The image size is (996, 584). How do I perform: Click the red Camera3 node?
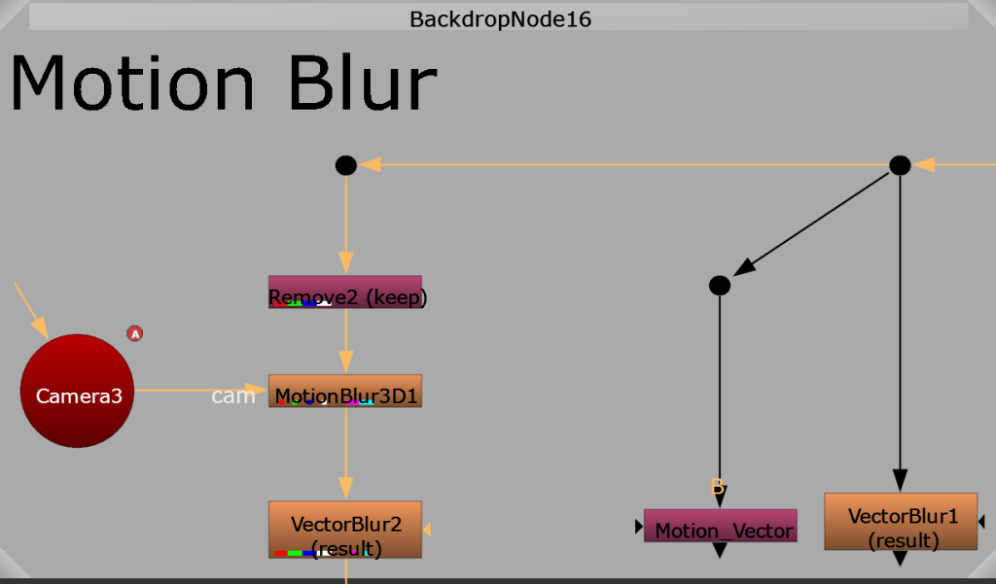(77, 391)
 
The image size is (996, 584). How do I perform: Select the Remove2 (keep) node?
(345, 292)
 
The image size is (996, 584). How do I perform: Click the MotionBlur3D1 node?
(345, 391)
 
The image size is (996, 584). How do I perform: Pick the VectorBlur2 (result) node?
(345, 530)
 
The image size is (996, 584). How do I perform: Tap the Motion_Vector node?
(721, 526)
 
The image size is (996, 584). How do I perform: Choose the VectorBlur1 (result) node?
(901, 521)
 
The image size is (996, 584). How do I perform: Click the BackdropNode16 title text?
(501, 19)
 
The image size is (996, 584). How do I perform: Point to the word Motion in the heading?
(132, 84)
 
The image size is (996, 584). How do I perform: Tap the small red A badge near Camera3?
(134, 333)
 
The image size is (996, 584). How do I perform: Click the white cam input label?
(233, 396)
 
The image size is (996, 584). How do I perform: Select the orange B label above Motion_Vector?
(717, 487)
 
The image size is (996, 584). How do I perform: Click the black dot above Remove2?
(346, 166)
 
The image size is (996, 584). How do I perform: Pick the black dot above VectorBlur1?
(900, 166)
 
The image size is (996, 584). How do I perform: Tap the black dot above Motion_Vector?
(720, 286)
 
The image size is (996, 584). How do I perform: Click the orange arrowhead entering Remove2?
(346, 263)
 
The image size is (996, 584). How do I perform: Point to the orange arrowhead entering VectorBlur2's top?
(346, 489)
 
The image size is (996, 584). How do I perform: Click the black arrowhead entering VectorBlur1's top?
(900, 481)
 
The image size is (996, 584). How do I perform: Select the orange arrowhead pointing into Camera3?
(41, 328)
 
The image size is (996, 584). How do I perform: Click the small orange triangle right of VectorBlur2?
(427, 530)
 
